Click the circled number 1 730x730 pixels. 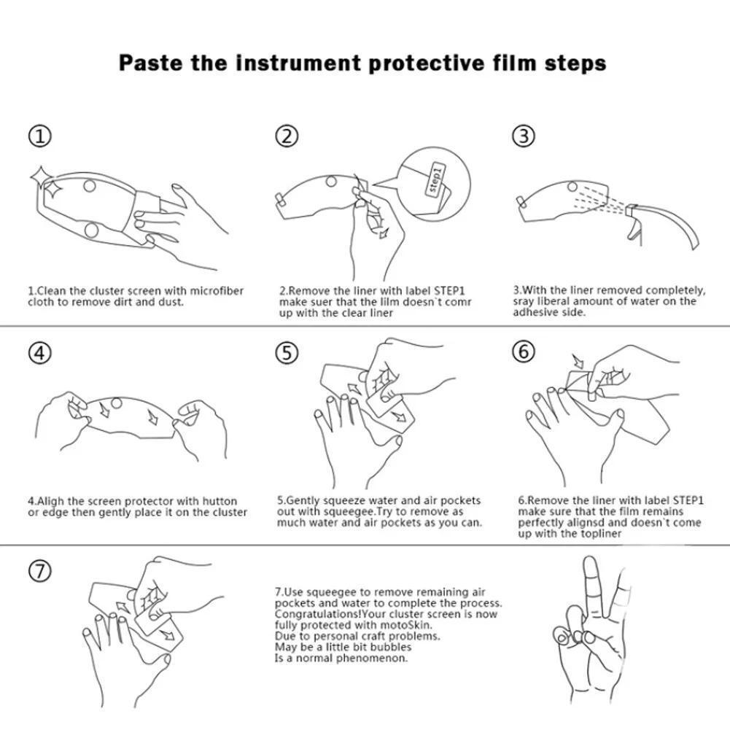[x=41, y=136]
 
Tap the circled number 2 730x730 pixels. [x=287, y=136]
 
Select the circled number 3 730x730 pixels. [x=524, y=136]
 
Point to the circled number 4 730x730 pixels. [x=40, y=352]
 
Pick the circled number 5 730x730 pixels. [x=287, y=352]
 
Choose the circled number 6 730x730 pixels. [x=524, y=351]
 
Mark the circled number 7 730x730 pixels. [x=40, y=571]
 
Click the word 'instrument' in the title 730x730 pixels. [x=298, y=63]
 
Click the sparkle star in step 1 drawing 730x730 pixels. [x=46, y=182]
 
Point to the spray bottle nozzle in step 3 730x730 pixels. [x=632, y=211]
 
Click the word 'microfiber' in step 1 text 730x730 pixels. [x=217, y=291]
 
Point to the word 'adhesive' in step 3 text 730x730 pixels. [x=534, y=312]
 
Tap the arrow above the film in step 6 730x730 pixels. [x=578, y=361]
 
